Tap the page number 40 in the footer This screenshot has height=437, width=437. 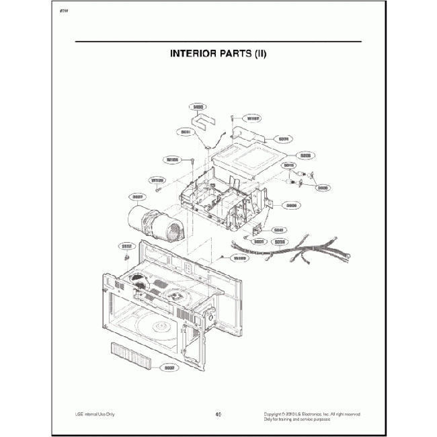point(218,414)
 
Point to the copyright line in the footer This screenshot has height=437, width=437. point(312,413)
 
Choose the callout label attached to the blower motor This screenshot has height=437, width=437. point(140,197)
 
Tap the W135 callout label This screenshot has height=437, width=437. point(158,180)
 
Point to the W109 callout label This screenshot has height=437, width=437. point(239,257)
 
